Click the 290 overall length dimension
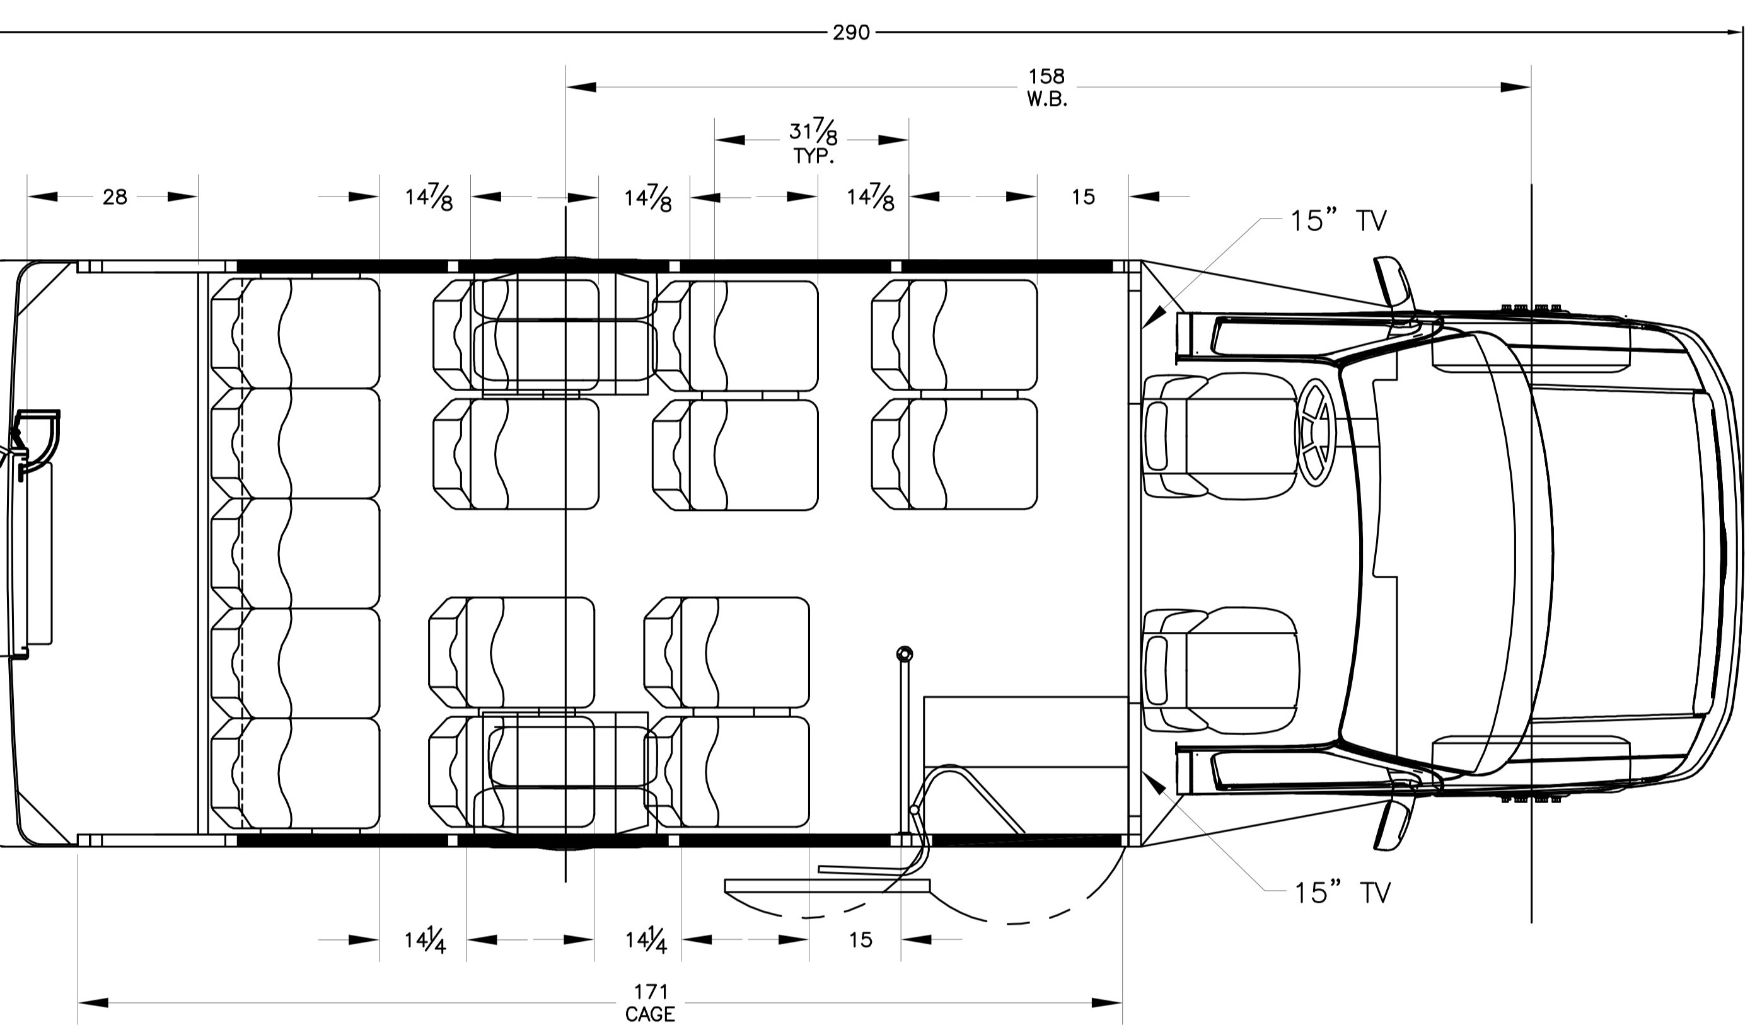click(850, 33)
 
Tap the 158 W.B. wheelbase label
click(1046, 87)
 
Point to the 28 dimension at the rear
click(115, 197)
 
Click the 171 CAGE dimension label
click(651, 1003)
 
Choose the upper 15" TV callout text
click(1338, 221)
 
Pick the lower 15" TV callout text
click(1341, 893)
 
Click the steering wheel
click(1314, 432)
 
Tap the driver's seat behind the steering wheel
click(1221, 436)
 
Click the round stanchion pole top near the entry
click(904, 654)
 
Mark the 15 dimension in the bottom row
click(861, 940)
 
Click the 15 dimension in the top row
click(1083, 197)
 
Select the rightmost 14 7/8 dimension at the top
click(870, 198)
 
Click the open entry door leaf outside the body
click(827, 886)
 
